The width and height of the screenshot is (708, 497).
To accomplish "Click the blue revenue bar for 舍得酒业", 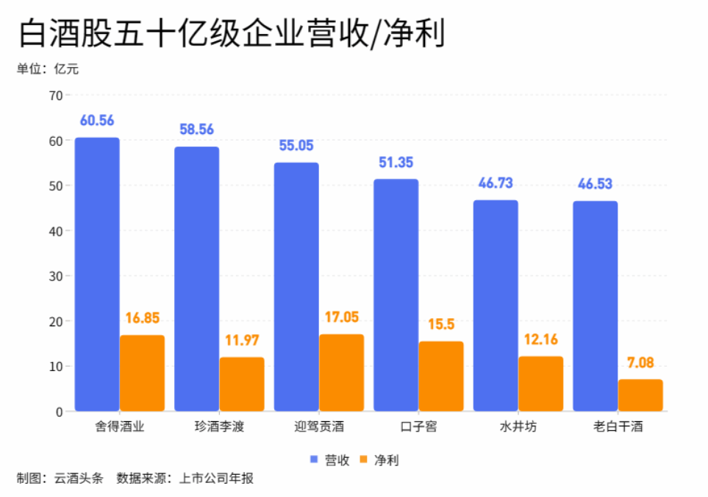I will (97, 274).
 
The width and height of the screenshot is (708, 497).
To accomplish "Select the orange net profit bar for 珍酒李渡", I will (242, 384).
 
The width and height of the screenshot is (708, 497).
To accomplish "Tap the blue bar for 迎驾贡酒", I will (296, 286).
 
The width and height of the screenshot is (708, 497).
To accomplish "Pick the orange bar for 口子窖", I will (441, 376).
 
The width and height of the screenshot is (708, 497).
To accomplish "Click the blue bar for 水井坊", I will (496, 305).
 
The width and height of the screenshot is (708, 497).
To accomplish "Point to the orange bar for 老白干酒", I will (640, 395).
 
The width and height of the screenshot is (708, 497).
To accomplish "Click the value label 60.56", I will (97, 121).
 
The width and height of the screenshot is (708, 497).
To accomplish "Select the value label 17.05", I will (341, 317).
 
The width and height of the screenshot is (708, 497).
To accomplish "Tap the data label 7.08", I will (640, 362).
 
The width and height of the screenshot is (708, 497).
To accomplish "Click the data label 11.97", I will (242, 341).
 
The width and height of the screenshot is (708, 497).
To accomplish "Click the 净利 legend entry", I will (379, 460).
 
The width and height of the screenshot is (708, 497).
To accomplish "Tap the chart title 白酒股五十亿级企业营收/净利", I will (232, 33).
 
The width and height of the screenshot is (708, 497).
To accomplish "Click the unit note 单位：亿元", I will (47, 69).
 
